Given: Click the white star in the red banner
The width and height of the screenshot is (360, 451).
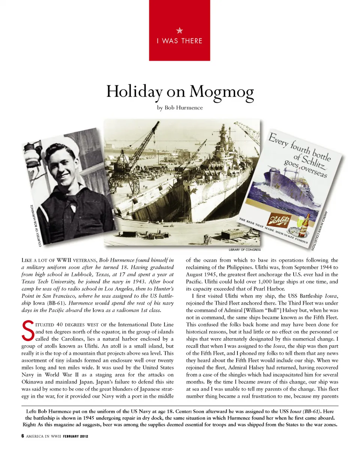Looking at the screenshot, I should click(x=180, y=30).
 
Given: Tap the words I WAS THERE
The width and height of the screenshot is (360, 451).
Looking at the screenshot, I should click(x=180, y=40).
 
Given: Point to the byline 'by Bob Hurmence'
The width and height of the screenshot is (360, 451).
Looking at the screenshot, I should click(x=180, y=108).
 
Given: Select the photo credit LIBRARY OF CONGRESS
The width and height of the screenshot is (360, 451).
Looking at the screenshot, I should click(x=244, y=249).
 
